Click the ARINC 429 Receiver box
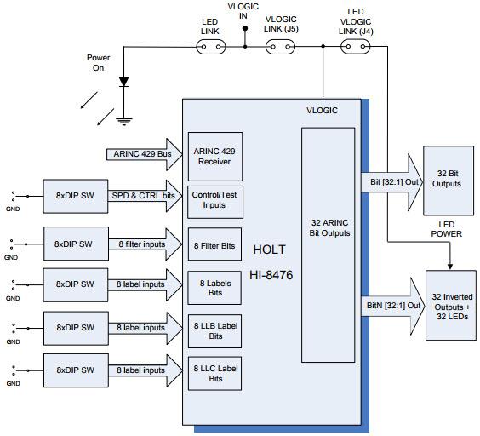tap(214, 154)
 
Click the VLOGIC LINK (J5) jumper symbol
tap(282, 49)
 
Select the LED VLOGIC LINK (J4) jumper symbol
tap(355, 49)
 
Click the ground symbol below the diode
tap(124, 120)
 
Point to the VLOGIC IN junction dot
tap(245, 29)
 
